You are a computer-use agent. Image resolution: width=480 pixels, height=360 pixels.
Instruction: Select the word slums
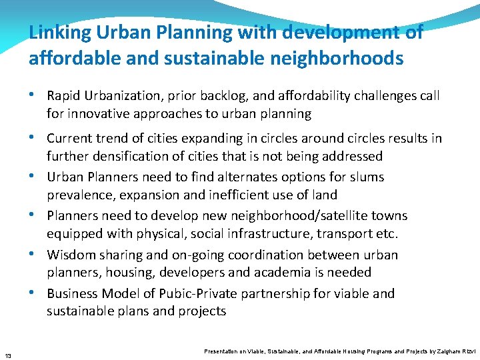(x=366, y=177)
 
